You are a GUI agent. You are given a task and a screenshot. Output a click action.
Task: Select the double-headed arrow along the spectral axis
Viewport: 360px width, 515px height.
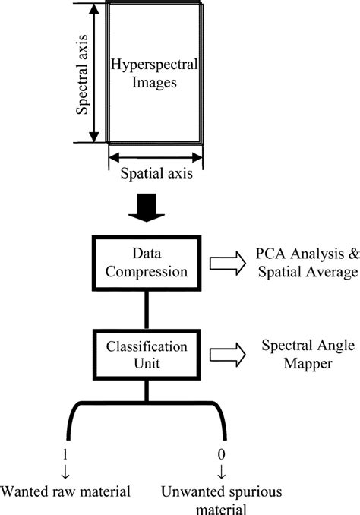click(x=95, y=73)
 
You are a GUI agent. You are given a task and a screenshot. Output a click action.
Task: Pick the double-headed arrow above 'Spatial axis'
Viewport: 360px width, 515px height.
click(x=156, y=158)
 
